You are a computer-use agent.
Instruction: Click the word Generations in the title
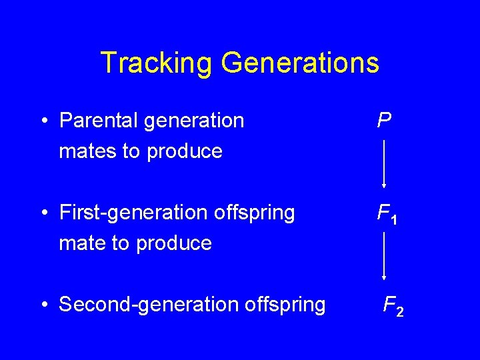click(300, 63)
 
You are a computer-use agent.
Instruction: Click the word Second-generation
click(150, 305)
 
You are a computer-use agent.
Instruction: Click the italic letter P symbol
click(384, 120)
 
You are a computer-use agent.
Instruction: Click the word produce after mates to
click(185, 151)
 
